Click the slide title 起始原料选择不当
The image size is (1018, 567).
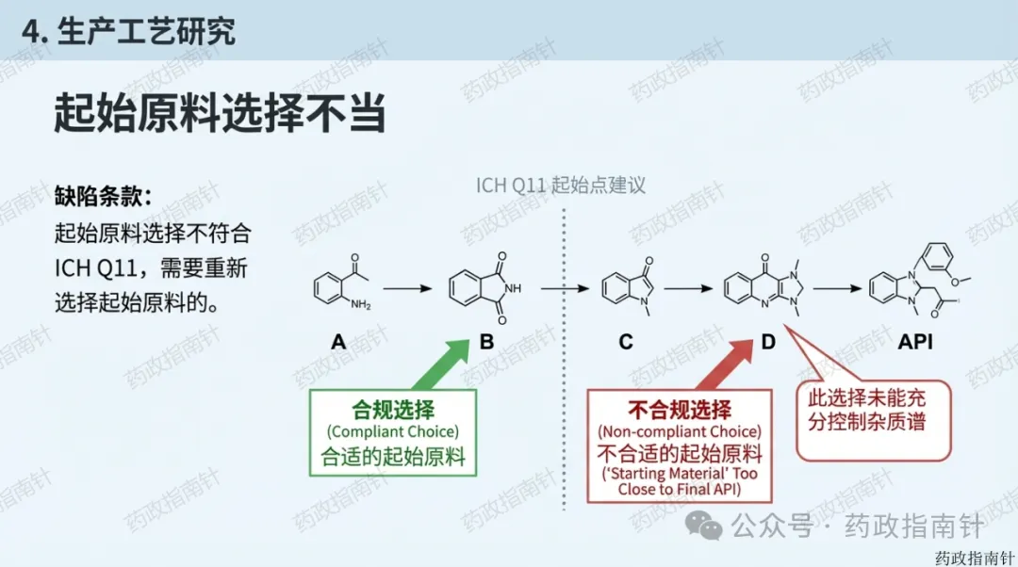click(220, 113)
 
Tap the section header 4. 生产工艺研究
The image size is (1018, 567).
click(128, 31)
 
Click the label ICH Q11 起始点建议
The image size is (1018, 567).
click(561, 184)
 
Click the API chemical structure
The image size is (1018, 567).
click(918, 283)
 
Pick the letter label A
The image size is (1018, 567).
click(338, 342)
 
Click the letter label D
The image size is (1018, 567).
click(768, 342)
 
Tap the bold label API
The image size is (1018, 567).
click(915, 342)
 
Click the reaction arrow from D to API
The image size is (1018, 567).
click(840, 288)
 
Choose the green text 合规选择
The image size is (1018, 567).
click(393, 410)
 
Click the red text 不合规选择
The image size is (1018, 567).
click(680, 410)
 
